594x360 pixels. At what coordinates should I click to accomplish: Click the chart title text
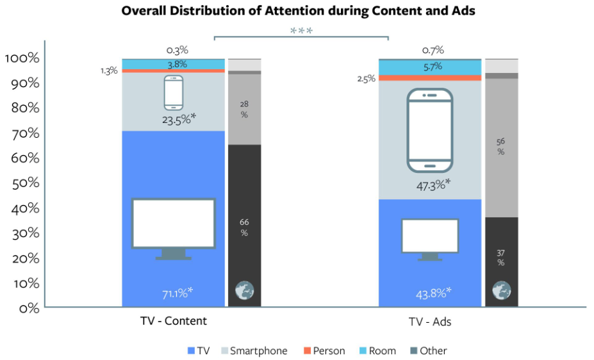[x=299, y=12]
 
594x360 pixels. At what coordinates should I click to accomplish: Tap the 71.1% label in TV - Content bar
[x=177, y=293]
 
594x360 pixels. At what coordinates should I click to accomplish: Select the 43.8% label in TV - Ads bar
[x=433, y=293]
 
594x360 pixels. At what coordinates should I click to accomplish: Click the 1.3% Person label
[x=109, y=70]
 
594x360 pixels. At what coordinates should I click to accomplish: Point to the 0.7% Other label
[x=433, y=50]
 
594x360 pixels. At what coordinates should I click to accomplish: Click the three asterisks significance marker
[x=301, y=31]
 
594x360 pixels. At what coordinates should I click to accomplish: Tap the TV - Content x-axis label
[x=174, y=321]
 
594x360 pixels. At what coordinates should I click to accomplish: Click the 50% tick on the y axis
[x=24, y=183]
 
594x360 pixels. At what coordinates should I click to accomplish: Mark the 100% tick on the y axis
[x=22, y=58]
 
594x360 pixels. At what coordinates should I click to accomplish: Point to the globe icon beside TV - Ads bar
[x=501, y=291]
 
